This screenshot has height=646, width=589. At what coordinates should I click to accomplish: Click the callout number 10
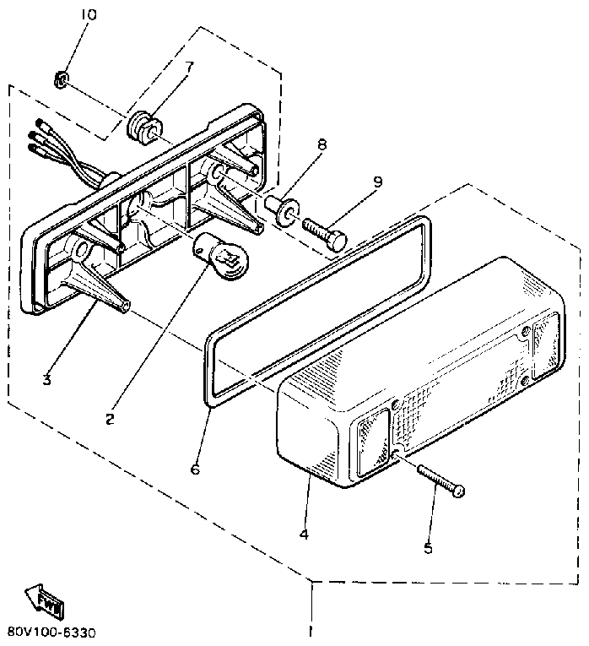[x=89, y=15]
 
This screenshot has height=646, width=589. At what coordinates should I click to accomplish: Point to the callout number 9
[x=376, y=181]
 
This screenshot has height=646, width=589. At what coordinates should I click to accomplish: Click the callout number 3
[x=46, y=380]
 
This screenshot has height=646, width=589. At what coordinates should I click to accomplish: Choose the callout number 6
[x=196, y=469]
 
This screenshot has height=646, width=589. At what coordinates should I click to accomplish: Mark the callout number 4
[x=304, y=534]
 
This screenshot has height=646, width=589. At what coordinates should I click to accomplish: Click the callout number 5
[x=429, y=548]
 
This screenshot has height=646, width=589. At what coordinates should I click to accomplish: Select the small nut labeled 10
[x=60, y=81]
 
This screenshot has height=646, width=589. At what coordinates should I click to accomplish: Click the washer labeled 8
[x=285, y=209]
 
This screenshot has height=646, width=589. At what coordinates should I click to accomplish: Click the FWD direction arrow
[x=42, y=602]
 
